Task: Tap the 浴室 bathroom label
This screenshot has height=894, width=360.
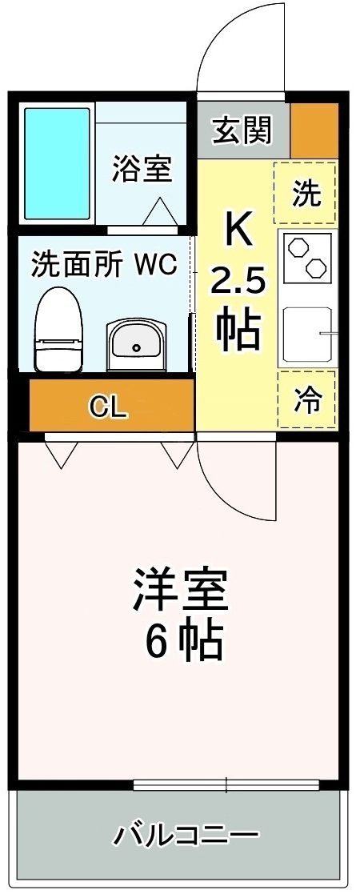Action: pyautogui.click(x=142, y=170)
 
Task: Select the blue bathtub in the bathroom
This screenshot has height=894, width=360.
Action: pyautogui.click(x=58, y=164)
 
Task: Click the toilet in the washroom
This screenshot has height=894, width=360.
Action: pyautogui.click(x=58, y=330)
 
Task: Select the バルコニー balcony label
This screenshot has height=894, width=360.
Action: pyautogui.click(x=185, y=837)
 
